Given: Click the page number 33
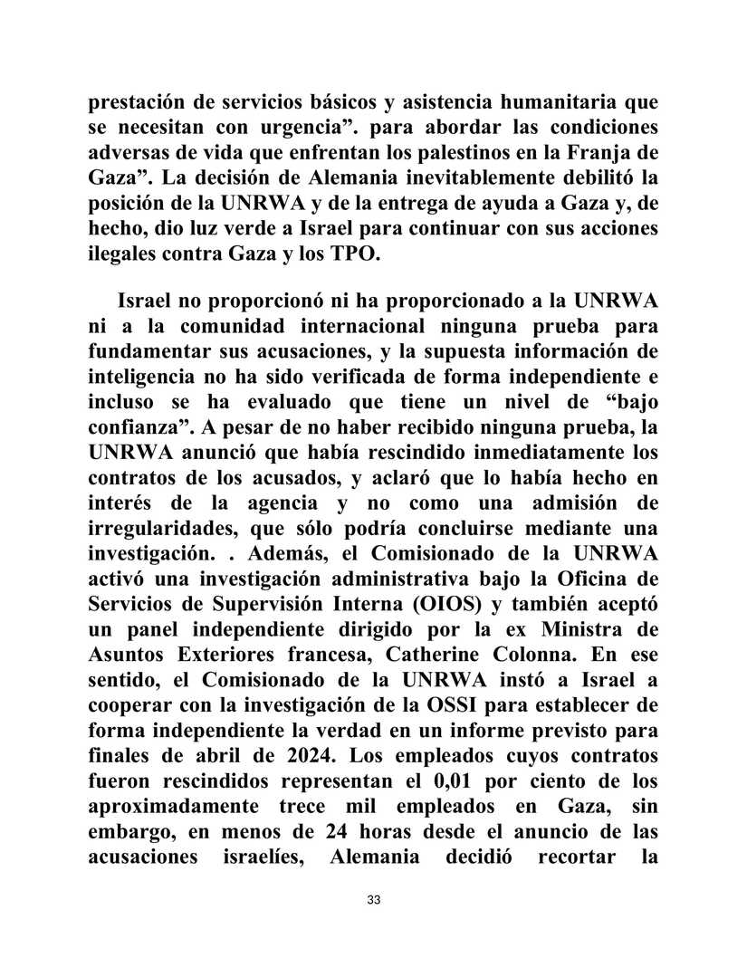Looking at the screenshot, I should tap(373, 900).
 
